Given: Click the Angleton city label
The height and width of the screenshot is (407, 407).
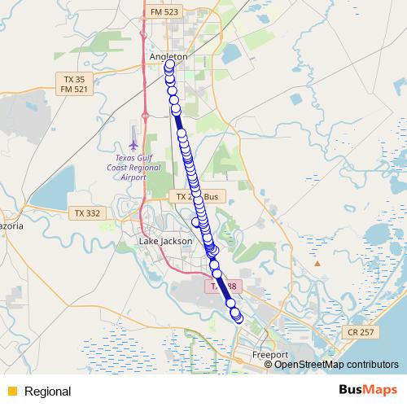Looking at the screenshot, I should click(168, 56).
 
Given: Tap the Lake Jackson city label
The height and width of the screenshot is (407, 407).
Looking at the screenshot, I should click(165, 242).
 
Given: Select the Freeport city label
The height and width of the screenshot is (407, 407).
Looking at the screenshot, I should click(269, 356).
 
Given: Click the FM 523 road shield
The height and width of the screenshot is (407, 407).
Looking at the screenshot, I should click(165, 13).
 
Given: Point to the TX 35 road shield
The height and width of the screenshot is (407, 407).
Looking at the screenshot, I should click(74, 79).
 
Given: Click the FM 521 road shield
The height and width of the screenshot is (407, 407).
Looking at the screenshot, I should click(74, 89).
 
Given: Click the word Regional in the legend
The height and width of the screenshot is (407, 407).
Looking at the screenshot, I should click(47, 392).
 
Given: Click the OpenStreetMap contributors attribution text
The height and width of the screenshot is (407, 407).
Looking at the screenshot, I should click(336, 365).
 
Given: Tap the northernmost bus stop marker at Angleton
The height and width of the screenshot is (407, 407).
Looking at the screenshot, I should click(169, 64).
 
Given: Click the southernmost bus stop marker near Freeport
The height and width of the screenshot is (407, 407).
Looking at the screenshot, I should click(239, 319).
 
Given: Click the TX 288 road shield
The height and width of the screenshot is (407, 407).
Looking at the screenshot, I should click(222, 287).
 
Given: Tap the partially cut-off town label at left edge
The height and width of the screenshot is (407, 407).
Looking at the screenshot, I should click(10, 225).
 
